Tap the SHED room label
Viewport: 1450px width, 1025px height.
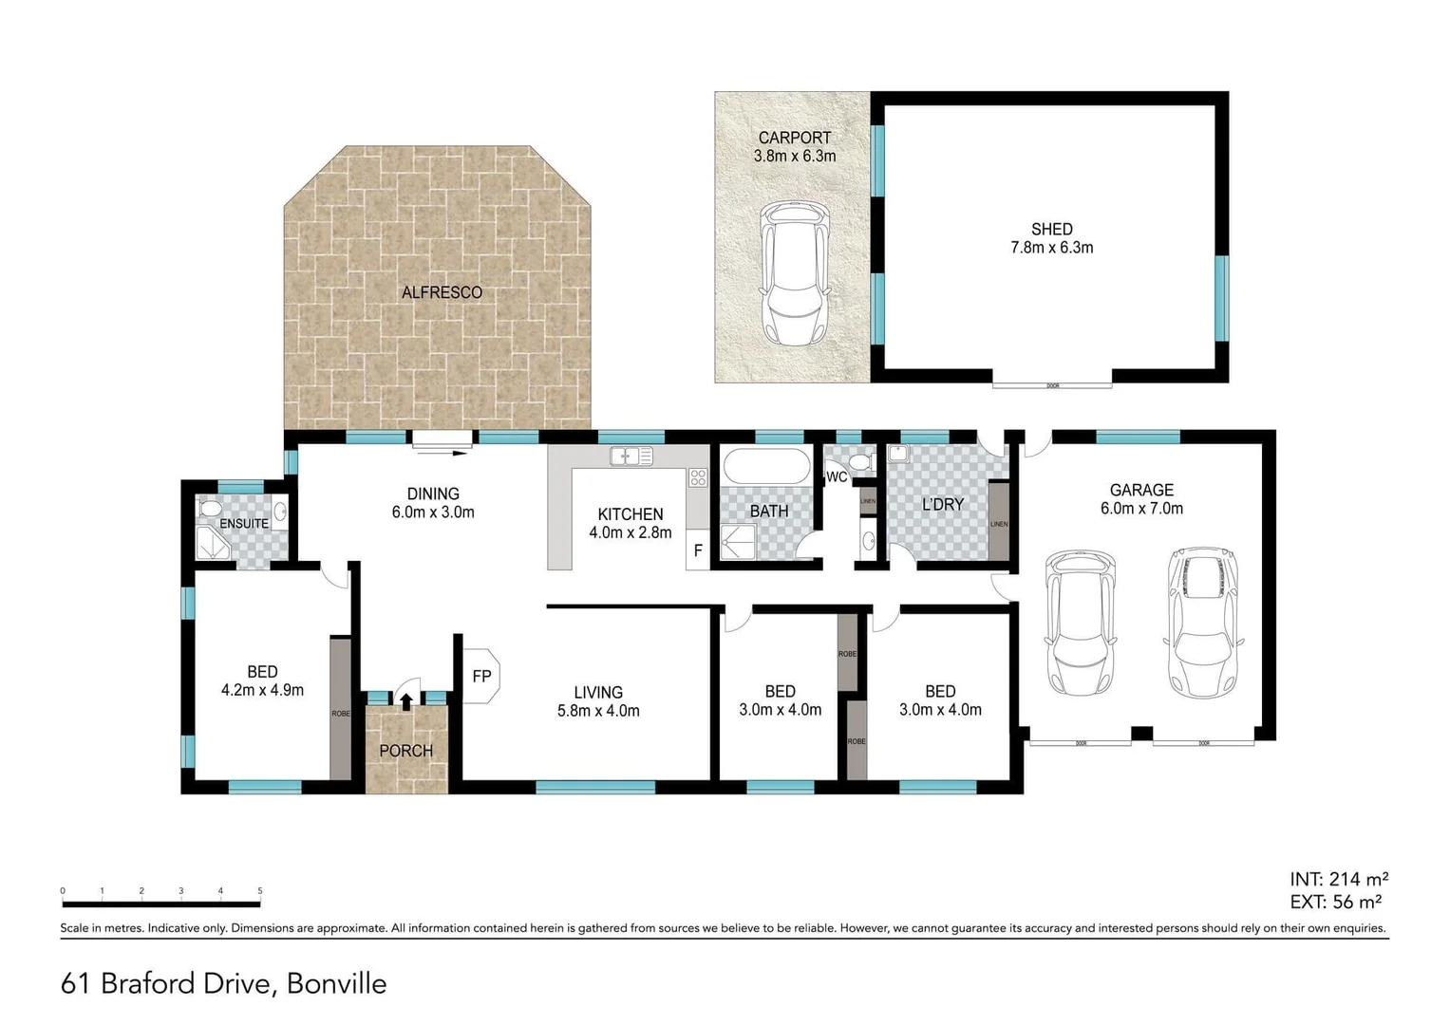1051,229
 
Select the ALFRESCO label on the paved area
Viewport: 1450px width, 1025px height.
442,292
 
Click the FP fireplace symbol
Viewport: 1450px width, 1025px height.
480,676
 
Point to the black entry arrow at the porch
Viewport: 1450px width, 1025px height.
406,701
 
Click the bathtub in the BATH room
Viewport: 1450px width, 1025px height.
766,468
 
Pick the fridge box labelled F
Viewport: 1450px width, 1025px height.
698,550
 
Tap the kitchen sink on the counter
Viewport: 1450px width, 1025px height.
631,457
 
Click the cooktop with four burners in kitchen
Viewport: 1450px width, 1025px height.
698,477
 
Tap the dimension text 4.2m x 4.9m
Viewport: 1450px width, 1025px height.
262,691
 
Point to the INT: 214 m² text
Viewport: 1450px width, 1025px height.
1339,879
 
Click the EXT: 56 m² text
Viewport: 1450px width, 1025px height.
1335,903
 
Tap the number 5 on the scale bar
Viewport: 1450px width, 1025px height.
260,891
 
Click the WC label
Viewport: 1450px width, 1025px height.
837,477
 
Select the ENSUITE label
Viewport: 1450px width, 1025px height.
244,524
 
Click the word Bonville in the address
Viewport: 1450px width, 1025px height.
336,983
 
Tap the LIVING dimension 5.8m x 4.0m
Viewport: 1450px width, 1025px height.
598,711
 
